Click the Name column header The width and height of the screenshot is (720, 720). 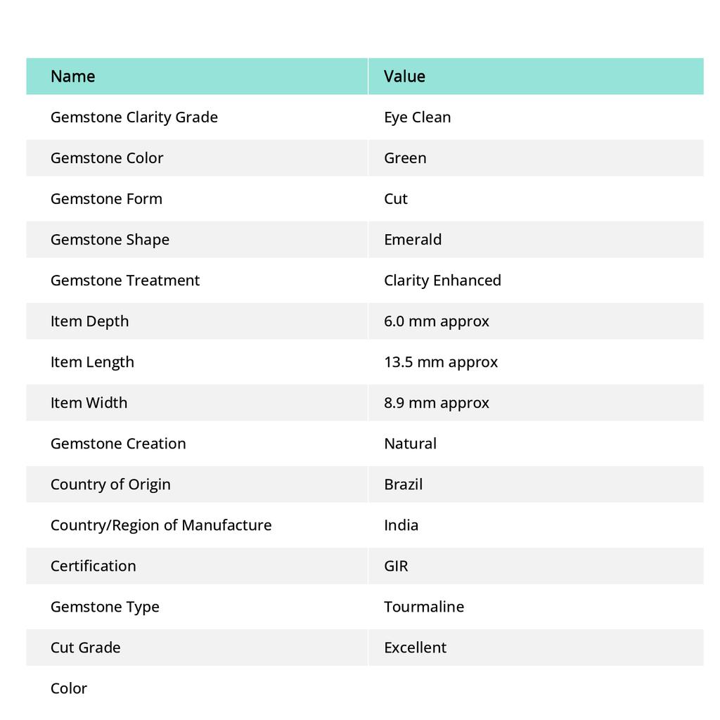(72, 76)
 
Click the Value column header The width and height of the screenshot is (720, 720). (404, 76)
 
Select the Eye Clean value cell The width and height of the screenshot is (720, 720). (417, 117)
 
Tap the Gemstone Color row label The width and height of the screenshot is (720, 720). (107, 157)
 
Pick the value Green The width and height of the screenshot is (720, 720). (405, 157)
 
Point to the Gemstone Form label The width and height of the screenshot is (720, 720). (106, 198)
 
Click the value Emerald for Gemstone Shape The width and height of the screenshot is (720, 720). (413, 239)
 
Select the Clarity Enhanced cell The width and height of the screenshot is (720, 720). (442, 280)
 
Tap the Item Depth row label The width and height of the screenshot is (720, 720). (89, 321)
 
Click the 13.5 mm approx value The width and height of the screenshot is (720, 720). (441, 361)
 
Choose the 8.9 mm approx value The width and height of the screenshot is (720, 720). (437, 402)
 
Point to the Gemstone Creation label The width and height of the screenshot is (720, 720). (118, 443)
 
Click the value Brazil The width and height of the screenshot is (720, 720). (403, 484)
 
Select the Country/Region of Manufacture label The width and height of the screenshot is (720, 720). (161, 525)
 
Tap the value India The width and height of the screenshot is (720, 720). (401, 525)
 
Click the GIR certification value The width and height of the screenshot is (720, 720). (396, 565)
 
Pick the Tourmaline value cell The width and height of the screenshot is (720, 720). (424, 606)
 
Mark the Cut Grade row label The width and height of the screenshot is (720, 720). (85, 647)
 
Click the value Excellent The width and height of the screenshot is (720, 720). (415, 647)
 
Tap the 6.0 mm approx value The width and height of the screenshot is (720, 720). (437, 321)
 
